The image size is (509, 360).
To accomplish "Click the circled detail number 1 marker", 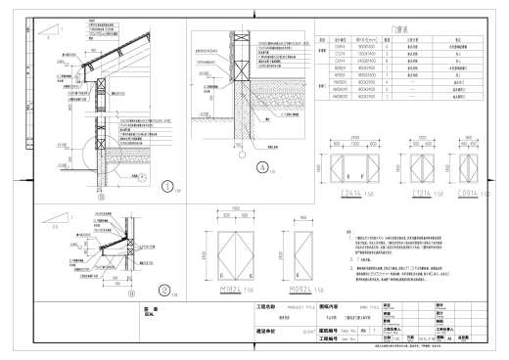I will point(167,186).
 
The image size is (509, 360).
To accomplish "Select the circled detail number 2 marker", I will point(165,289).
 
